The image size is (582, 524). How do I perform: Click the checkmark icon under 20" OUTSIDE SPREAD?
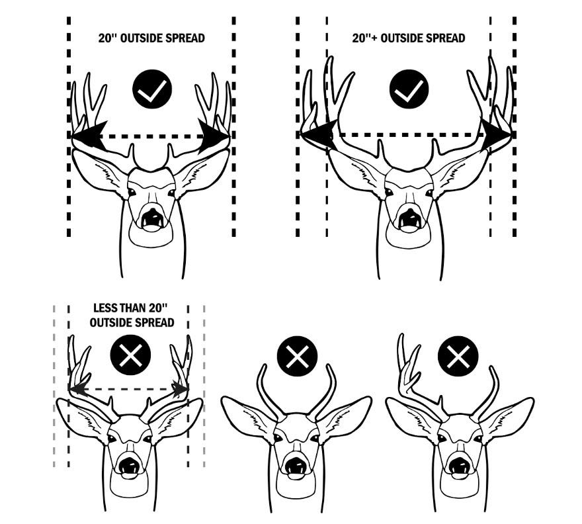pyautogui.click(x=151, y=91)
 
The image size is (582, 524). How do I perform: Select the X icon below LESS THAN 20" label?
pyautogui.click(x=131, y=355)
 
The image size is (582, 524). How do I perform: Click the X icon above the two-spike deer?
pyautogui.click(x=297, y=355)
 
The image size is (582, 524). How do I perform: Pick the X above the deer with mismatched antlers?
pyautogui.click(x=458, y=355)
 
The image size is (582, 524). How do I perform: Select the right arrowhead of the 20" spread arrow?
pyautogui.click(x=214, y=136)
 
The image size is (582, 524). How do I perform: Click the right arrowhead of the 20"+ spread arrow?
pyautogui.click(x=497, y=134)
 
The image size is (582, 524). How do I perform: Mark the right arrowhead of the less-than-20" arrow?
pyautogui.click(x=181, y=390)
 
